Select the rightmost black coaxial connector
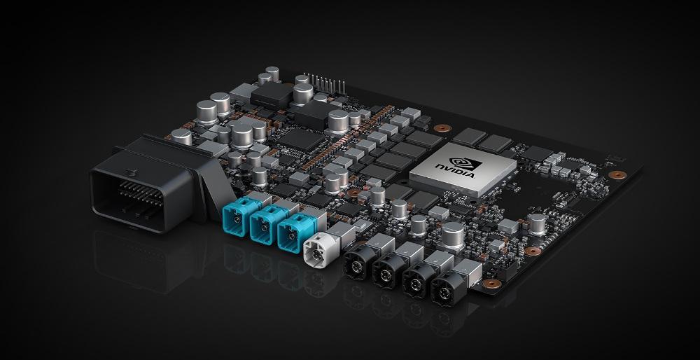(x=444, y=291)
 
